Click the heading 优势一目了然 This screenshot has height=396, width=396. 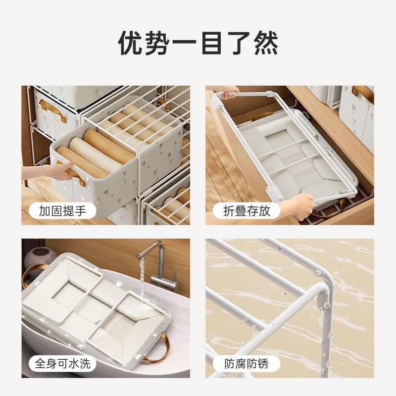tap(198, 43)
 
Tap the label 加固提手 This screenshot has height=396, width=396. tap(63, 211)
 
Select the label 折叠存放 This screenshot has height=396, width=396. tap(246, 211)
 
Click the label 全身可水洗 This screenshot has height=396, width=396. tap(63, 364)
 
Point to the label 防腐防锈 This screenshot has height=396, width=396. tap(246, 364)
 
